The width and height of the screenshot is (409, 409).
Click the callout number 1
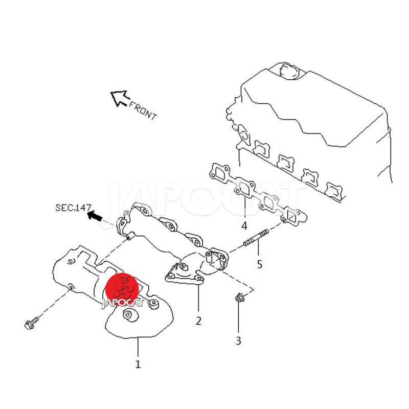click(x=138, y=364)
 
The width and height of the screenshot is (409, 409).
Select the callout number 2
click(x=198, y=321)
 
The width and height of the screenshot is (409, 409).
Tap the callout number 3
click(x=238, y=340)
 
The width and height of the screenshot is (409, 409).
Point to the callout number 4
click(x=244, y=225)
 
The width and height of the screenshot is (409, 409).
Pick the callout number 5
click(x=260, y=264)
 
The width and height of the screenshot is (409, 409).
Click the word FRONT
click(x=143, y=110)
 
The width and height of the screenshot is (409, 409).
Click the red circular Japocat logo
click(x=122, y=288)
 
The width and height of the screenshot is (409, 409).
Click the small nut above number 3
click(x=238, y=297)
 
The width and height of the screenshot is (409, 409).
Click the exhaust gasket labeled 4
click(x=256, y=194)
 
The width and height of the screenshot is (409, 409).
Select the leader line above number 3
click(x=238, y=317)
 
